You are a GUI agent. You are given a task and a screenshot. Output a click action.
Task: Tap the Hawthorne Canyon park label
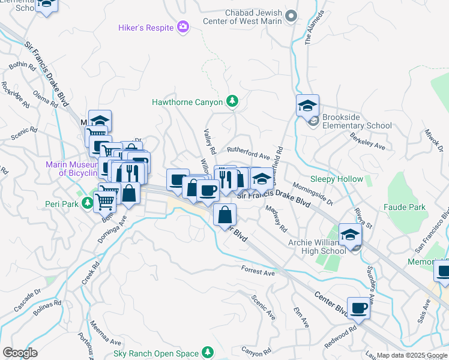pyautogui.click(x=187, y=102)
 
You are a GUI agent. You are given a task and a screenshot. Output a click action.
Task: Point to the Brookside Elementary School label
pyautogui.click(x=357, y=121)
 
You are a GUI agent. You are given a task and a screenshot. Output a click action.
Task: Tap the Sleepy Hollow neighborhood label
pyautogui.click(x=336, y=179)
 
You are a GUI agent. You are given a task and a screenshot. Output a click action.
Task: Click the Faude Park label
pyautogui.click(x=406, y=207)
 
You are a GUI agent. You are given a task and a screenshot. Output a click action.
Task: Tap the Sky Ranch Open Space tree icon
pyautogui.click(x=208, y=352)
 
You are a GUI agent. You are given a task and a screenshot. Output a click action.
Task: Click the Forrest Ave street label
pyautogui.click(x=258, y=272)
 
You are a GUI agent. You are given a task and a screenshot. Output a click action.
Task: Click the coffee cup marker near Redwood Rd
pyautogui.click(x=358, y=308)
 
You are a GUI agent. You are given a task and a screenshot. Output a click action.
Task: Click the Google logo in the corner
pyautogui.click(x=20, y=353)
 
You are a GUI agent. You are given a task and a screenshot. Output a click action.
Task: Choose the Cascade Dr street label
pyautogui.click(x=27, y=299)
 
